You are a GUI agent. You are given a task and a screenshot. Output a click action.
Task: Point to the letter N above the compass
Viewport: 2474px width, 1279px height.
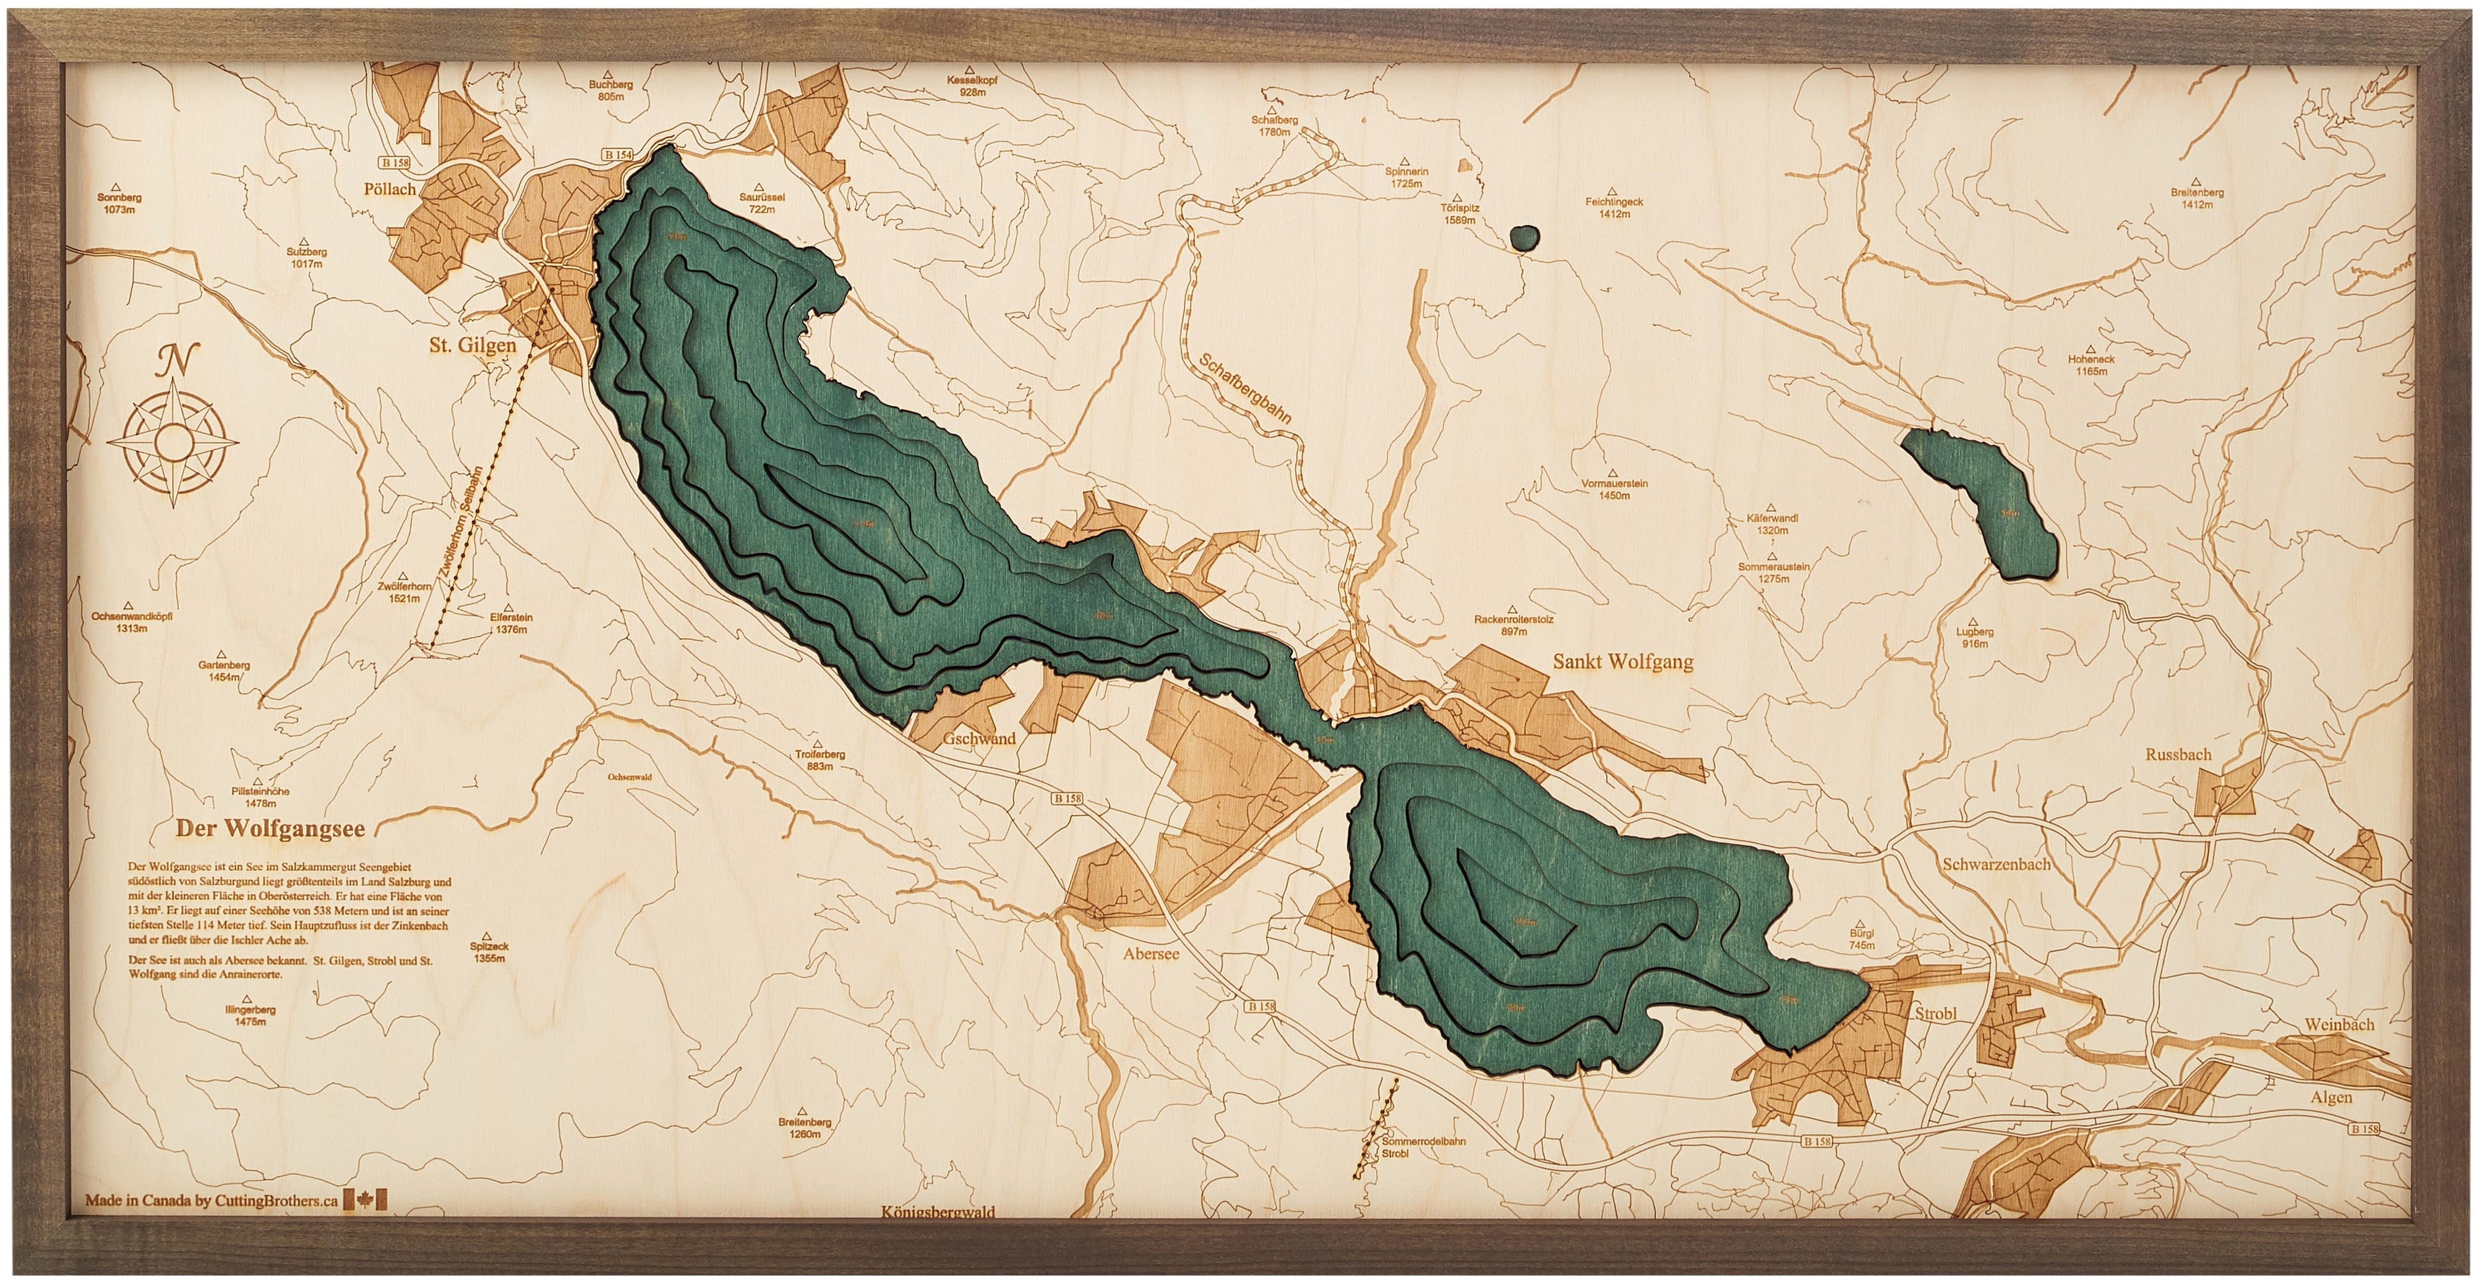pyautogui.click(x=173, y=361)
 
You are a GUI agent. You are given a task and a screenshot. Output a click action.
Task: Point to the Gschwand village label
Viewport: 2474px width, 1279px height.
pyautogui.click(x=978, y=739)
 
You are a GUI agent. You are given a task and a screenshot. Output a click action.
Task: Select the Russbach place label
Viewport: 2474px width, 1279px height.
pyautogui.click(x=2178, y=755)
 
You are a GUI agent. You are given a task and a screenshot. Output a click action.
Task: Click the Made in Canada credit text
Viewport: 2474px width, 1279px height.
pyautogui.click(x=212, y=1200)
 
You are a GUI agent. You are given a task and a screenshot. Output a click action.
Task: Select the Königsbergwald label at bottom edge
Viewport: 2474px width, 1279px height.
pyautogui.click(x=938, y=1239)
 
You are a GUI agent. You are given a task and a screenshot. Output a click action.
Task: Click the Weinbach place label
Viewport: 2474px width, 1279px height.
pyautogui.click(x=2339, y=1024)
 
